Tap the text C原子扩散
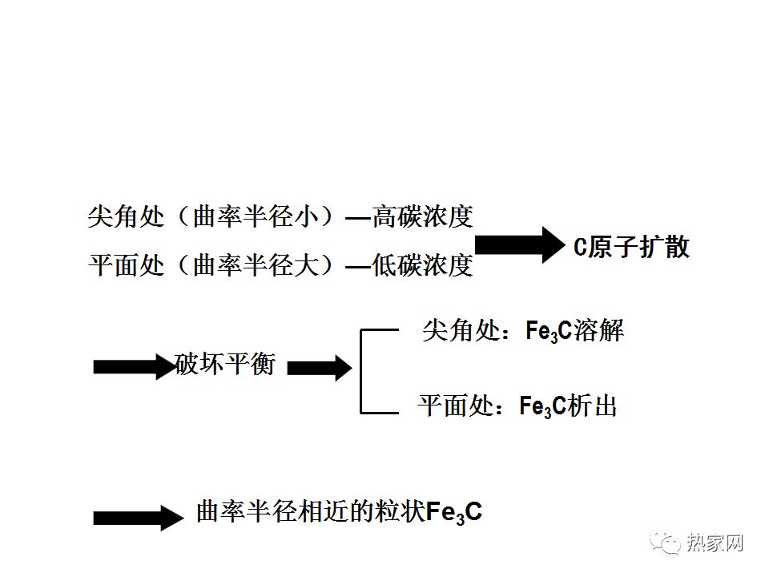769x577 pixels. [x=631, y=247]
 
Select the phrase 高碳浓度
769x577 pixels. [x=422, y=216]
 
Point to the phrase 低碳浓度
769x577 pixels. [x=422, y=266]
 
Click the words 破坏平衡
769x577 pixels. [x=225, y=365]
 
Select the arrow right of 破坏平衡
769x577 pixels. [x=319, y=368]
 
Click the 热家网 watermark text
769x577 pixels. [x=715, y=543]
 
